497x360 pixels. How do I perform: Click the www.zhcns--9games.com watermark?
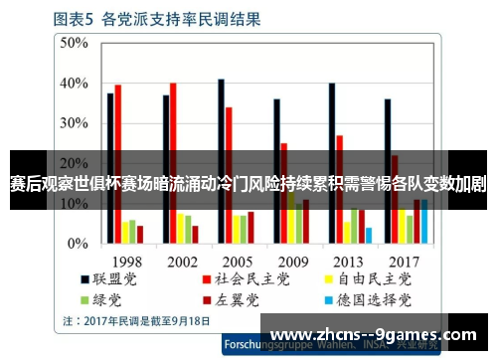pos(373,334)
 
